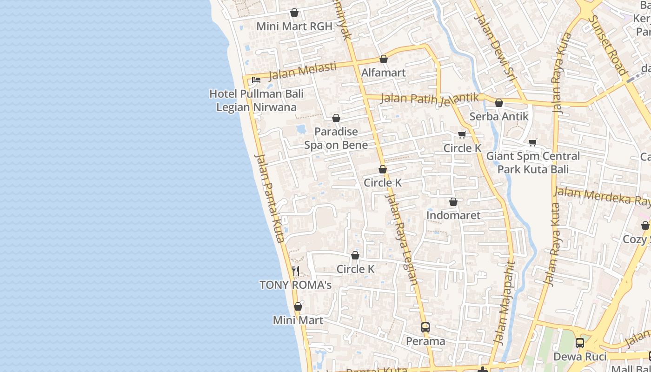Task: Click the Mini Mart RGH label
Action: pos(294,27)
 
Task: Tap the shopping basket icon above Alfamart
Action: pos(384,59)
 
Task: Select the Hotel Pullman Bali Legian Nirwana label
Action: pos(256,100)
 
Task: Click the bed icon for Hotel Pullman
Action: pos(256,80)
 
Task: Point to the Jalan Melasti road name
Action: pos(302,71)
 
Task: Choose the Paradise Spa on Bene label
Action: pos(336,138)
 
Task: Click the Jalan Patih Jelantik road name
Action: pos(430,98)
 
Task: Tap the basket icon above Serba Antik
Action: pos(499,103)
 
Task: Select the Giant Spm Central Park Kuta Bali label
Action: pos(533,162)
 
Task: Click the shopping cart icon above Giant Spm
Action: pos(533,142)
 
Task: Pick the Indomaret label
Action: pos(453,215)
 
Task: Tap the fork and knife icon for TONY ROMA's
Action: pos(296,271)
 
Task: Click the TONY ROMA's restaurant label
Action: pos(295,285)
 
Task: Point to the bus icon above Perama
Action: pos(425,327)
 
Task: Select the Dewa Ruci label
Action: pos(580,357)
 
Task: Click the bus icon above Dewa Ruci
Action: pos(580,343)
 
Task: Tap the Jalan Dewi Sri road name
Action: pos(496,48)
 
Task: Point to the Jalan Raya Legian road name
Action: pos(400,237)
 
